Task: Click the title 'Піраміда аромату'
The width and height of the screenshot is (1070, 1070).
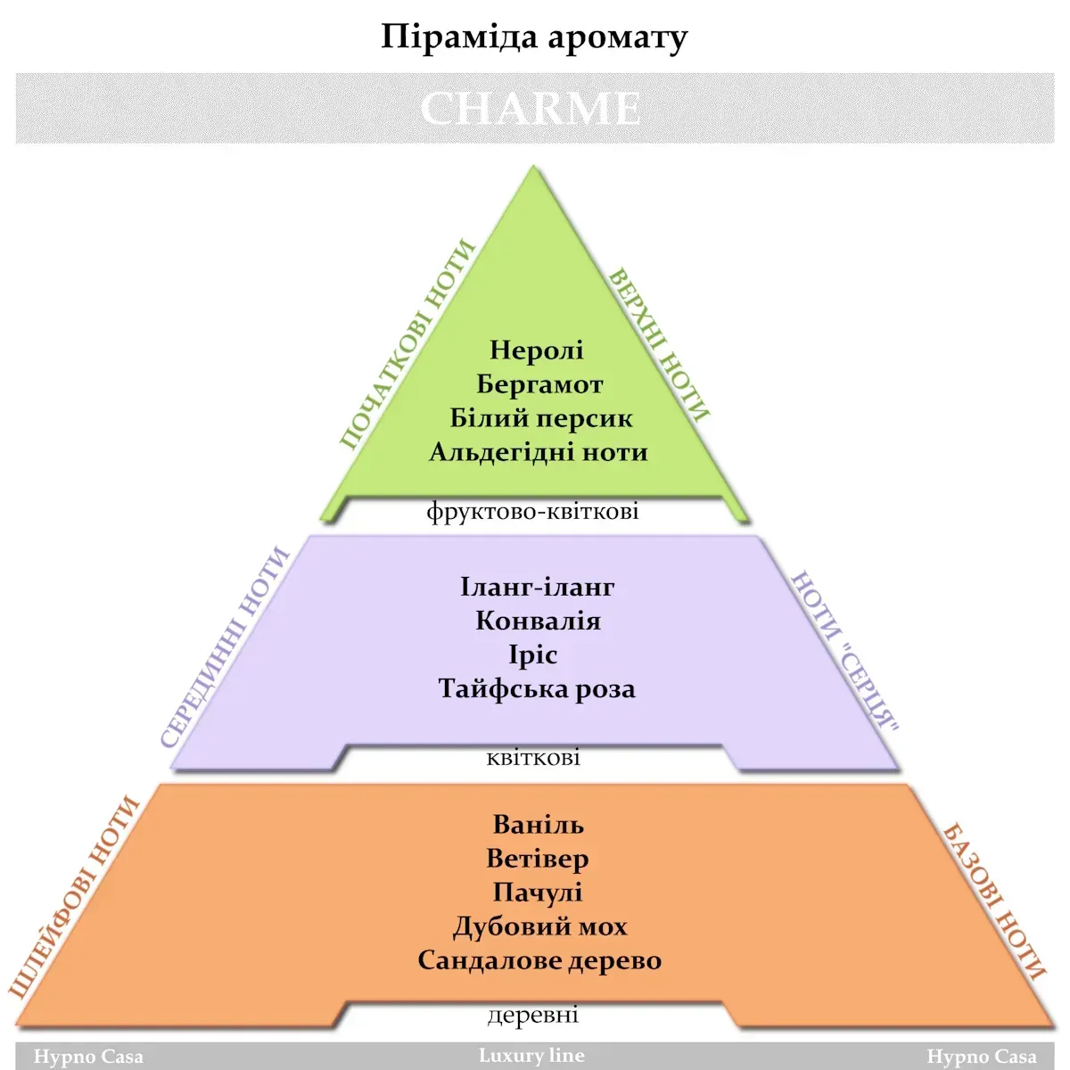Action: (x=534, y=37)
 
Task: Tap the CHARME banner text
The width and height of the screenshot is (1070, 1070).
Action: (x=531, y=108)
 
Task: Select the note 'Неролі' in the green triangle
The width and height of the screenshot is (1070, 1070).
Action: (x=537, y=350)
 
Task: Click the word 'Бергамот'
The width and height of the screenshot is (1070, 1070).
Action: (x=539, y=384)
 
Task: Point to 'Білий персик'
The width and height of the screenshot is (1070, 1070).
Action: (x=541, y=418)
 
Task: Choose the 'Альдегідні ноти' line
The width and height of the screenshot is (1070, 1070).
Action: (x=539, y=453)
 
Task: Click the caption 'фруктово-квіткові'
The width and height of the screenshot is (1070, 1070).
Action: (x=532, y=512)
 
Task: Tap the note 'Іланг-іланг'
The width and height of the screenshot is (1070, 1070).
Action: (x=538, y=587)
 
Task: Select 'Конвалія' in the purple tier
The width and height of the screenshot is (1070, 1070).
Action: (x=538, y=621)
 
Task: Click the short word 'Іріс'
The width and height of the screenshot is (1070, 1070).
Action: (x=533, y=655)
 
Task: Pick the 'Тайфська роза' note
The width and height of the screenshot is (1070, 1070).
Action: (x=537, y=689)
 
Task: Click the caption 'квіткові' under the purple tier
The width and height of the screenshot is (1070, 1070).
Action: (x=533, y=757)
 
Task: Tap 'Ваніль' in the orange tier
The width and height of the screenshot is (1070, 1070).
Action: (x=538, y=825)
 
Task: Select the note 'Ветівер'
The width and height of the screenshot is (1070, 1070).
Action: (x=538, y=859)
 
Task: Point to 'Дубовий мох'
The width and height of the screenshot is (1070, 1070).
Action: (x=540, y=926)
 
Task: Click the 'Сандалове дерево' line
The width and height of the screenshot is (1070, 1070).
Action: (x=539, y=960)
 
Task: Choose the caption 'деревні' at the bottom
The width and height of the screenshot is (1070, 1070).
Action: (x=533, y=1015)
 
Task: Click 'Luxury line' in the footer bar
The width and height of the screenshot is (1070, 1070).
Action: (x=531, y=1055)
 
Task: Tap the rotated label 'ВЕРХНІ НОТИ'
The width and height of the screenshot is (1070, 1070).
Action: (x=660, y=345)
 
